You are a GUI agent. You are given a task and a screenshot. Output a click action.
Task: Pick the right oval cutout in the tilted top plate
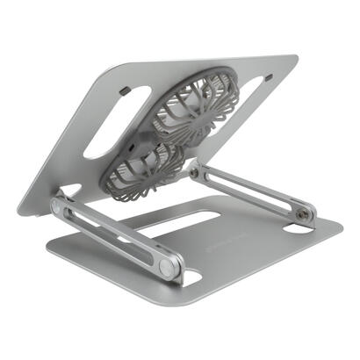click(x=247, y=96)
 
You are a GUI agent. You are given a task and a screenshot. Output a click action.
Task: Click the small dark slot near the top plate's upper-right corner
click(x=268, y=76)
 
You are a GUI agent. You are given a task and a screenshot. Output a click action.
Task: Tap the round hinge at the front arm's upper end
click(x=59, y=207)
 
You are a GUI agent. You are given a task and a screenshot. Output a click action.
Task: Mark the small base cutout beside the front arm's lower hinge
click(x=189, y=280)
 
